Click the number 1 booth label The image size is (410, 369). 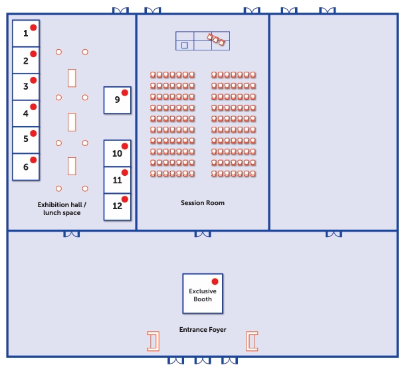[x=26, y=33]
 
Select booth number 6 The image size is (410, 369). [x=26, y=167]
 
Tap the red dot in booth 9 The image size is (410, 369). [x=124, y=93]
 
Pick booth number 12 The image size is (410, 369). [x=118, y=206]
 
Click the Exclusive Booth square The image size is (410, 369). [x=203, y=293]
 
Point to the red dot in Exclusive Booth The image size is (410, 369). [x=215, y=281]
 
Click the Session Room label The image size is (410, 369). [x=203, y=202]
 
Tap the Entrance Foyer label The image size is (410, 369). [x=203, y=329]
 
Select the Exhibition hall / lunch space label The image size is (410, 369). [x=62, y=208]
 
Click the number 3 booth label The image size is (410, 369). [x=26, y=86]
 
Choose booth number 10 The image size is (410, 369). [x=118, y=153]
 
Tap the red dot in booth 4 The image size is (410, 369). [x=33, y=107]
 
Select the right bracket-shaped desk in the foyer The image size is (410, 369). [x=252, y=341]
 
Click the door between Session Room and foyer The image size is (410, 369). [x=203, y=233]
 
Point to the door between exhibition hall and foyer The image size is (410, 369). [x=71, y=233]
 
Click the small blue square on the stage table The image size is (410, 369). [x=185, y=45]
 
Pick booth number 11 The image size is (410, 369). [x=118, y=180]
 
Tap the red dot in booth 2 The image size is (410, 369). [x=33, y=54]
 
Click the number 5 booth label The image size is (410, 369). [x=26, y=139]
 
